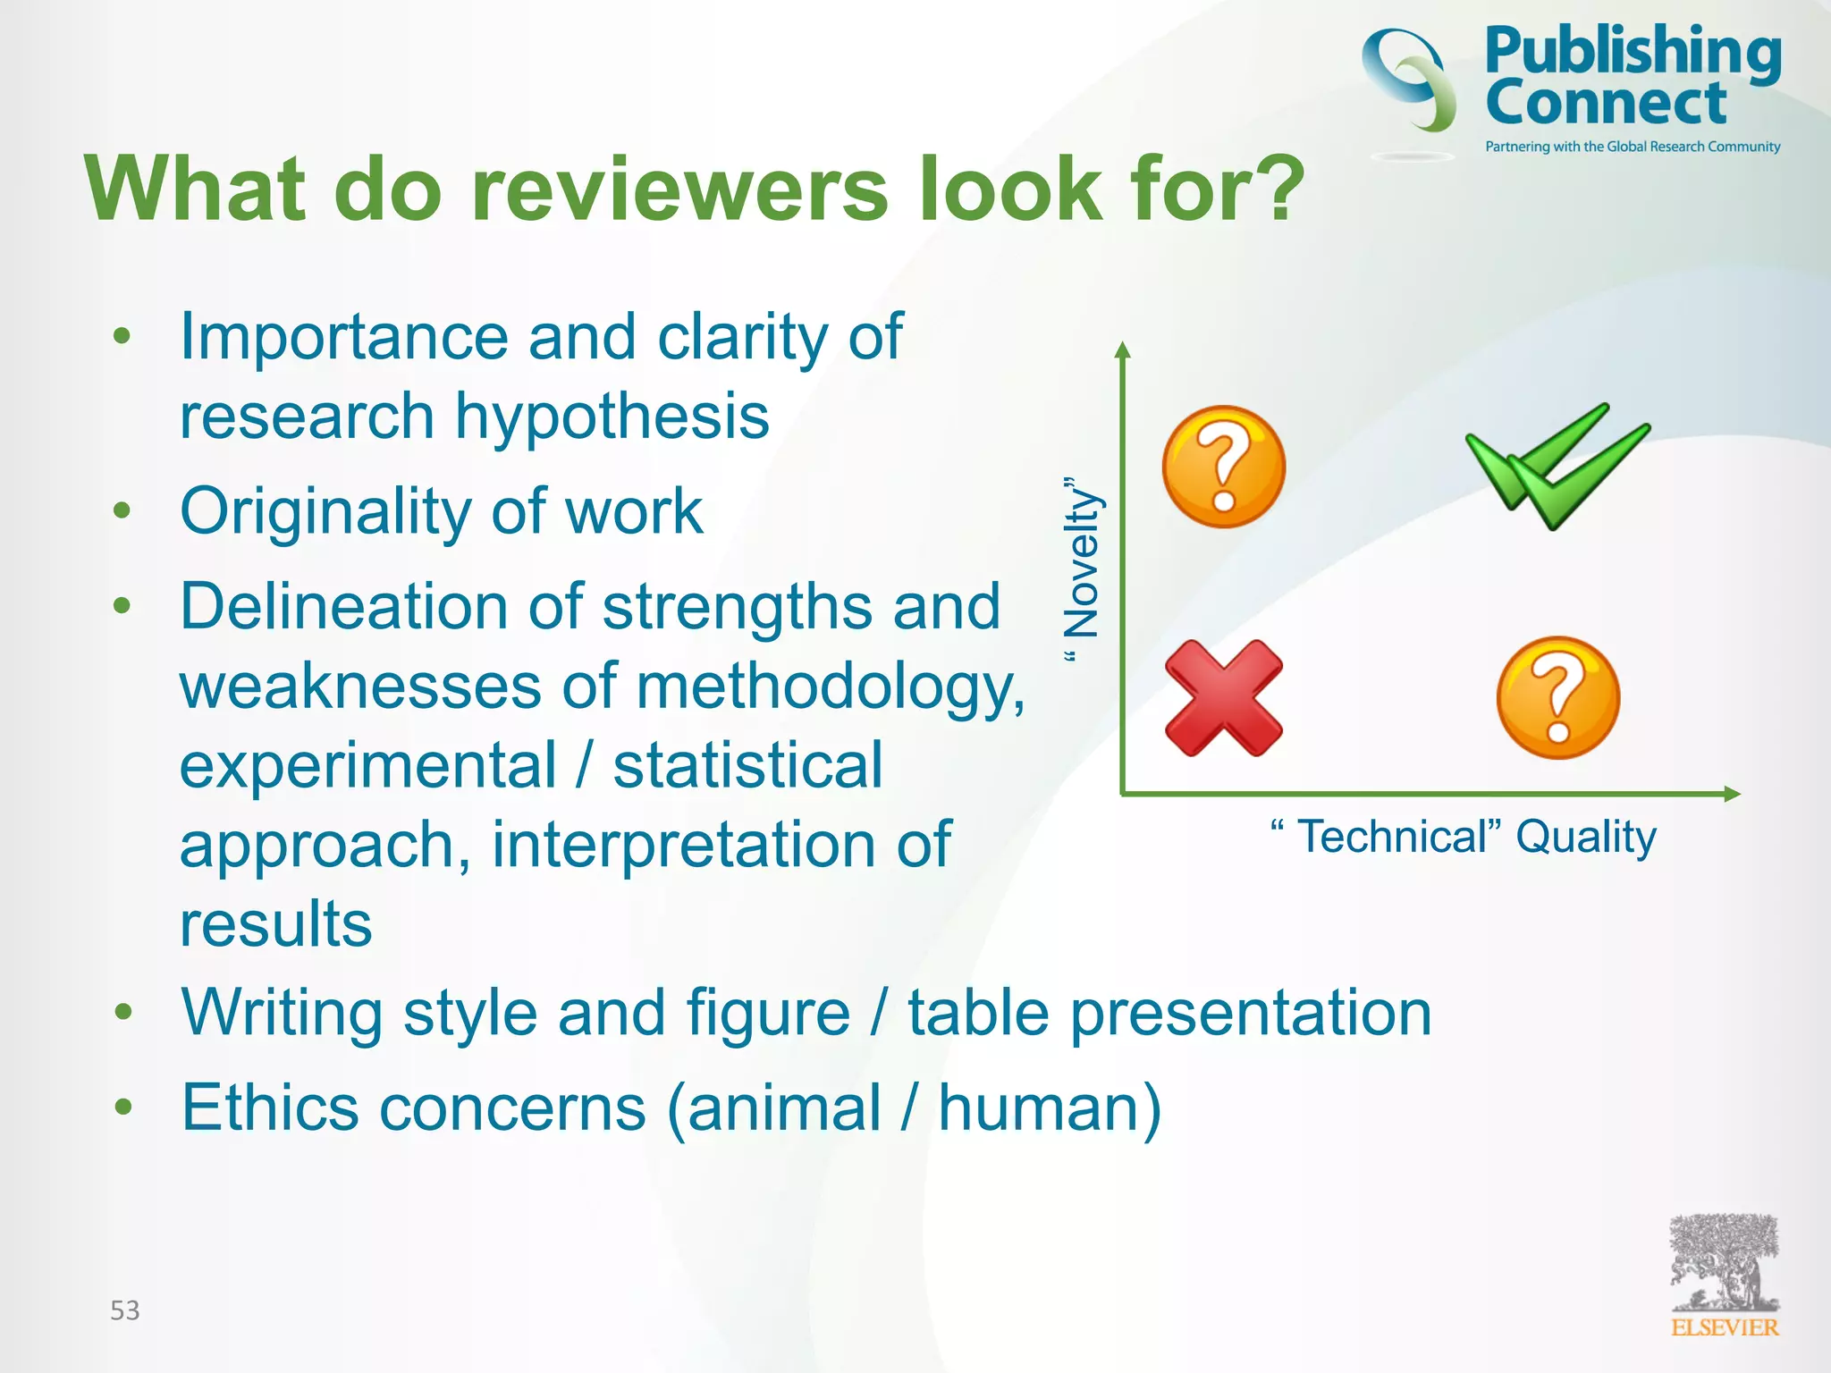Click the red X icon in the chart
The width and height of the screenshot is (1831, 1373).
(1224, 698)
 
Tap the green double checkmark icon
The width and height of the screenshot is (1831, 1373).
(1557, 466)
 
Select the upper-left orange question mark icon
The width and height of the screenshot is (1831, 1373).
(1224, 467)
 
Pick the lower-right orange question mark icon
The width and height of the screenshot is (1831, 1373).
(1558, 698)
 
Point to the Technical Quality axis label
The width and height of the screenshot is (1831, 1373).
(1464, 838)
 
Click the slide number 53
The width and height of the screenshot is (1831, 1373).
(125, 1310)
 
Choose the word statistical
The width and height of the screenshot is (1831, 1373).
(747, 766)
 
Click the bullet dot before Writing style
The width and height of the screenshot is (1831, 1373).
(122, 1013)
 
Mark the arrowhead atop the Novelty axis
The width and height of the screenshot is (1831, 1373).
(1123, 350)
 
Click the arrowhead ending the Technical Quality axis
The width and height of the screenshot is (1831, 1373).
(1732, 794)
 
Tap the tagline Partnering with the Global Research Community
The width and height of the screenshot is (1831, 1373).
(1633, 147)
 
